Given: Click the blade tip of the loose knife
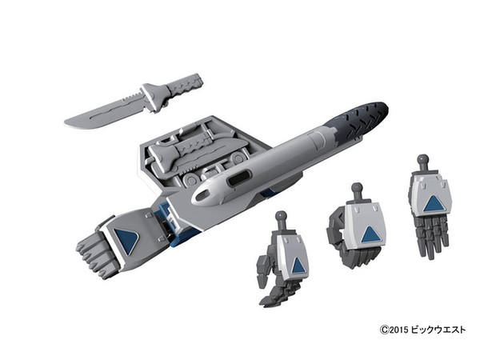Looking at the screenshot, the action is coord(66,122).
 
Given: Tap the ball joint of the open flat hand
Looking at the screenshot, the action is coord(422,159).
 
